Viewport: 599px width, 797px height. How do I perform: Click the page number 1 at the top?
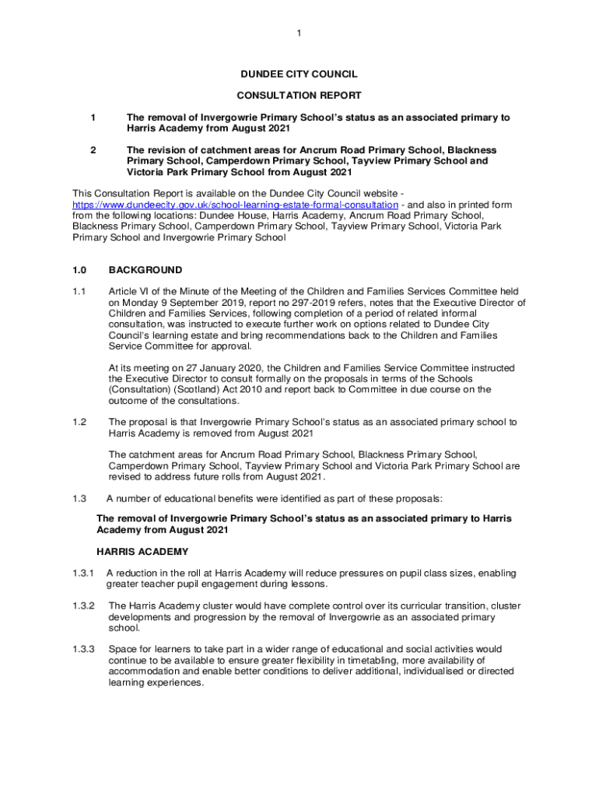click(299, 33)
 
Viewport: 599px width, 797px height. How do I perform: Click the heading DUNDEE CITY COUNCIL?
click(299, 74)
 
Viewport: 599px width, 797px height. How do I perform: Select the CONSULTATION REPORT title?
click(299, 96)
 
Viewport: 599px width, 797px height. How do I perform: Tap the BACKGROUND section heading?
click(145, 270)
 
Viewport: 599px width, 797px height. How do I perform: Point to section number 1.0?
click(79, 270)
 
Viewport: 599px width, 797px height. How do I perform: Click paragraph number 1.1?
click(78, 291)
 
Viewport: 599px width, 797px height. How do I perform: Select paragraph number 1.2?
click(78, 422)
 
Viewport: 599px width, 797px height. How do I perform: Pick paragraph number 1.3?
click(78, 498)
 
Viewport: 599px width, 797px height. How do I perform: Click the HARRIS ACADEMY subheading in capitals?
click(142, 552)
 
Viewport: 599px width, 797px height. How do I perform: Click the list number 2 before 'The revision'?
click(93, 149)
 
